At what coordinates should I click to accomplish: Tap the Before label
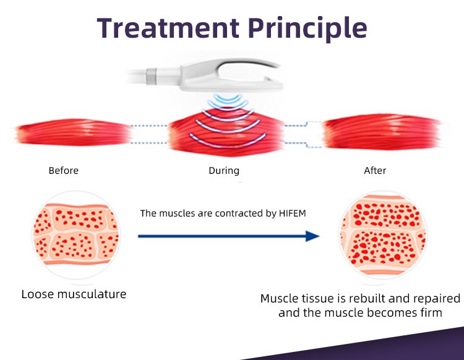(64, 170)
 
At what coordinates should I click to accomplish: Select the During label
(224, 170)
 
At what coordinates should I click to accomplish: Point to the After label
(375, 170)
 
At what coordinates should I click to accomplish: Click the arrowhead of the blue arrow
(313, 236)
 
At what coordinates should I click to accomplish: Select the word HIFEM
(292, 213)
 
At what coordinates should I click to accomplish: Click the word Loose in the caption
(38, 294)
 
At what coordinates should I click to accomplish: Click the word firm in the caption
(430, 312)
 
